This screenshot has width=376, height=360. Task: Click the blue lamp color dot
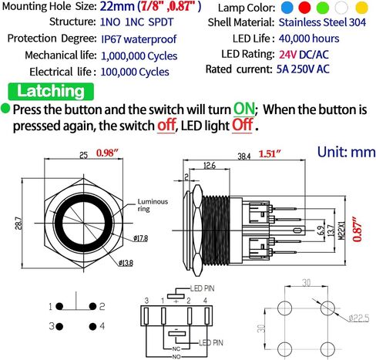point(287,8)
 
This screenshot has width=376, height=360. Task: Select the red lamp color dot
point(304,8)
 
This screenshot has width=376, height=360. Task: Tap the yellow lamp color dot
point(361,8)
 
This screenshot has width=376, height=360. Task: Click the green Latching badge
point(51,91)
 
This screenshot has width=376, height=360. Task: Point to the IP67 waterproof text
point(139,39)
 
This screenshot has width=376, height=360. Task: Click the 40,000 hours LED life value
point(309,39)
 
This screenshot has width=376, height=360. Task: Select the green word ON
point(243,109)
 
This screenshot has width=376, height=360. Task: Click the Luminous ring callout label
point(153,205)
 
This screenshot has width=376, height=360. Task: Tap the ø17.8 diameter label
point(141,238)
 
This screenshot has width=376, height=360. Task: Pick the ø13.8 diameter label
point(126,263)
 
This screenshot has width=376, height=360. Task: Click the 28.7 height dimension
point(19,223)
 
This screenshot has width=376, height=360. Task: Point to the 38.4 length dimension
point(243,156)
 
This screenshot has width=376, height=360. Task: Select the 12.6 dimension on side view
point(210,166)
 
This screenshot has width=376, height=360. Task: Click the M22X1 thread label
point(342,230)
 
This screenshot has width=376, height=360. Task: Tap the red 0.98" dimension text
point(108,153)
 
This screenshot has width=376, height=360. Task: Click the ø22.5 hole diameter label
point(359,318)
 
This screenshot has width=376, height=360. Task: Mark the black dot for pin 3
point(59,327)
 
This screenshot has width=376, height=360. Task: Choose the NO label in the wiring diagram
point(176,357)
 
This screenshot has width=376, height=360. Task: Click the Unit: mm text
point(347,152)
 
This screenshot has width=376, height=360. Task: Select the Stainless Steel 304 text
point(322,22)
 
